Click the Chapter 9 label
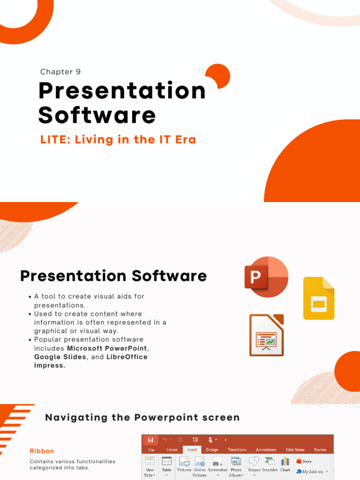click(x=60, y=72)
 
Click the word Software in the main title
click(x=97, y=115)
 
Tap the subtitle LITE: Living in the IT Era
click(x=118, y=140)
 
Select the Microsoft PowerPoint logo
click(x=266, y=277)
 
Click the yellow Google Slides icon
click(x=319, y=298)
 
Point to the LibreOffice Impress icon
click(x=266, y=335)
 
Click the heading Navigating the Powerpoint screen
click(x=142, y=417)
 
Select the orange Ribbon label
click(x=42, y=451)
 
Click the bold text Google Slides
click(x=60, y=357)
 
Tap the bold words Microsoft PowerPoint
click(x=107, y=348)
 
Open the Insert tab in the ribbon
click(x=192, y=450)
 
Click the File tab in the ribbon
click(x=151, y=450)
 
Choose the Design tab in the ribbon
click(x=212, y=450)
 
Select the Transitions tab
click(x=237, y=450)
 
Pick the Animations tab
click(x=266, y=450)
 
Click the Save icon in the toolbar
click(x=150, y=440)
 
